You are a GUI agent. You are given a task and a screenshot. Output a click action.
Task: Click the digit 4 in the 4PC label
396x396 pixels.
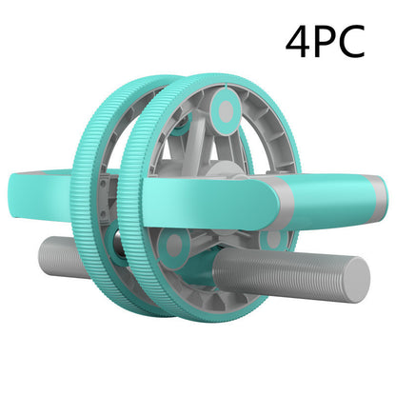299,43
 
